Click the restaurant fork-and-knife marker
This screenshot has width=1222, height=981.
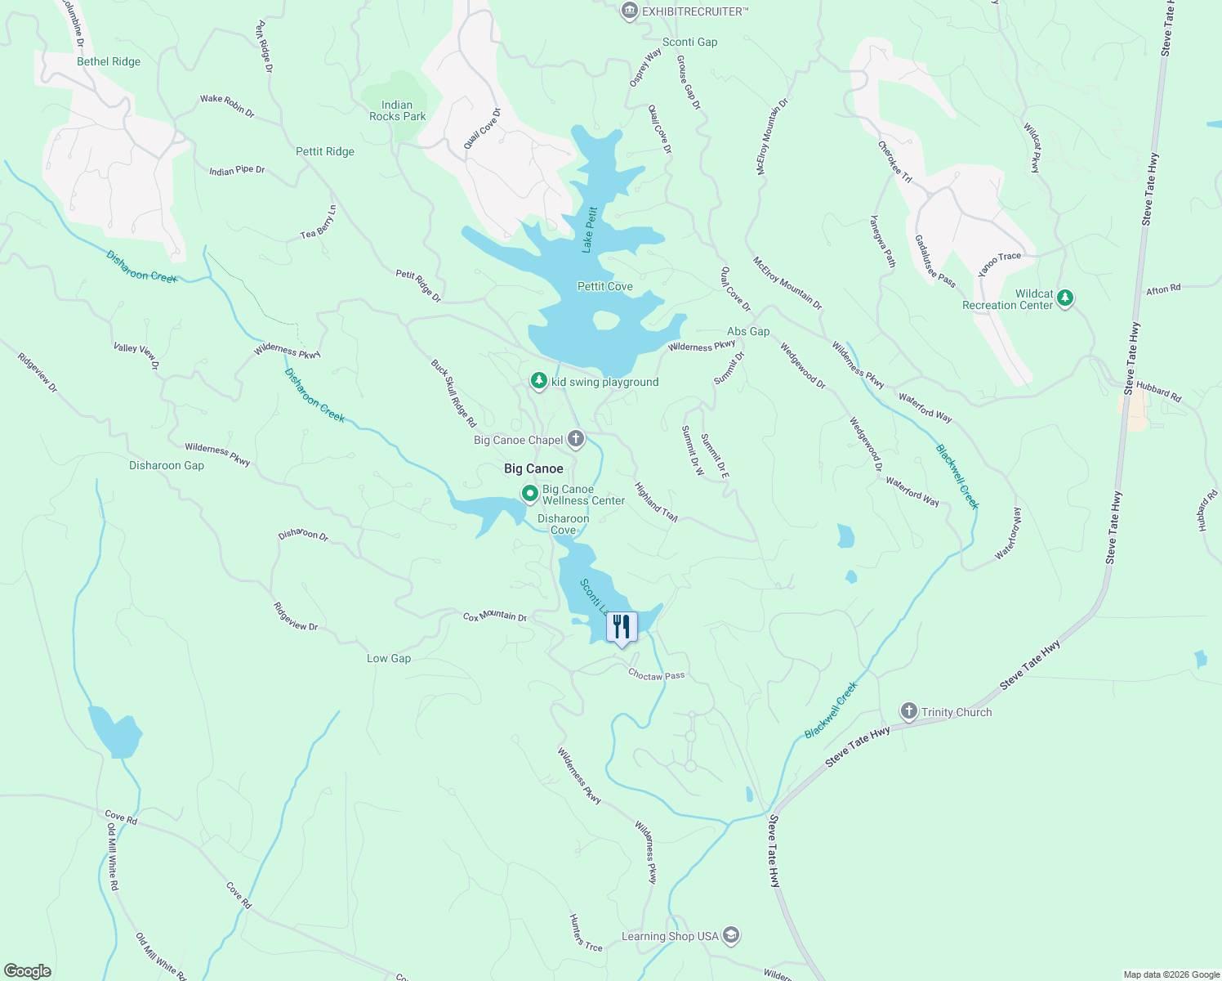pos(622,627)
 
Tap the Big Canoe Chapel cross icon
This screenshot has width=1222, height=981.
pos(576,440)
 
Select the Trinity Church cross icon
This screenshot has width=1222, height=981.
pos(908,711)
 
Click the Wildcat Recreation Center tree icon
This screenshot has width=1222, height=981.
pos(1064,298)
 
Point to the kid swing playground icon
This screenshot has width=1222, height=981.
pos(538,381)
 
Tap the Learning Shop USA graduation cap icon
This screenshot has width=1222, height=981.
pos(731,935)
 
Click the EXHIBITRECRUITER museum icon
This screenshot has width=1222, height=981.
pos(630,11)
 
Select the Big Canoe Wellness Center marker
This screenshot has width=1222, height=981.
pos(529,493)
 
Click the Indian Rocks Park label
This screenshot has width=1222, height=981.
pos(397,110)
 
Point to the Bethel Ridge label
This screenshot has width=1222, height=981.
pos(109,61)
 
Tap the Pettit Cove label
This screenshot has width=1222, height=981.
pos(604,286)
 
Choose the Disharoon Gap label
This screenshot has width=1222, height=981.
pos(167,465)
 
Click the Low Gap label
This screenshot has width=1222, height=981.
pos(389,658)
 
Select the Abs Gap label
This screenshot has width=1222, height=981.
pos(748,331)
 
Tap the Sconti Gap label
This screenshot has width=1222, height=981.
pos(689,42)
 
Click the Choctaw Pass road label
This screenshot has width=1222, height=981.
pos(656,675)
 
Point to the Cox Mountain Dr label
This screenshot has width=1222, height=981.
pos(495,616)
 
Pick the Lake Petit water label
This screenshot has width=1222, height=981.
pos(590,230)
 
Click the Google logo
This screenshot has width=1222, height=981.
pos(28,971)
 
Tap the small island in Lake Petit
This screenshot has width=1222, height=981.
pos(605,320)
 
